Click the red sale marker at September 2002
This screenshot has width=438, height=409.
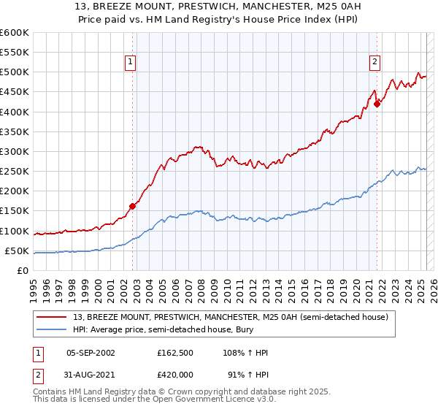pos(133,206)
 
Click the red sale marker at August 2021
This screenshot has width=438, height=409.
pos(377,104)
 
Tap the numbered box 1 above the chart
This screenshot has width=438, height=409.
pos(130,63)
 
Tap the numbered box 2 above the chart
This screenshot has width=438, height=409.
pos(374,63)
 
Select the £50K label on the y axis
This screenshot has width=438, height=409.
pos(17,251)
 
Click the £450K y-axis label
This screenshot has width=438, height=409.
pos(15,92)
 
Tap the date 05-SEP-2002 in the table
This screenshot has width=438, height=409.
pos(91,353)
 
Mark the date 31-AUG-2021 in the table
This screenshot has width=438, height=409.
pos(91,374)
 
